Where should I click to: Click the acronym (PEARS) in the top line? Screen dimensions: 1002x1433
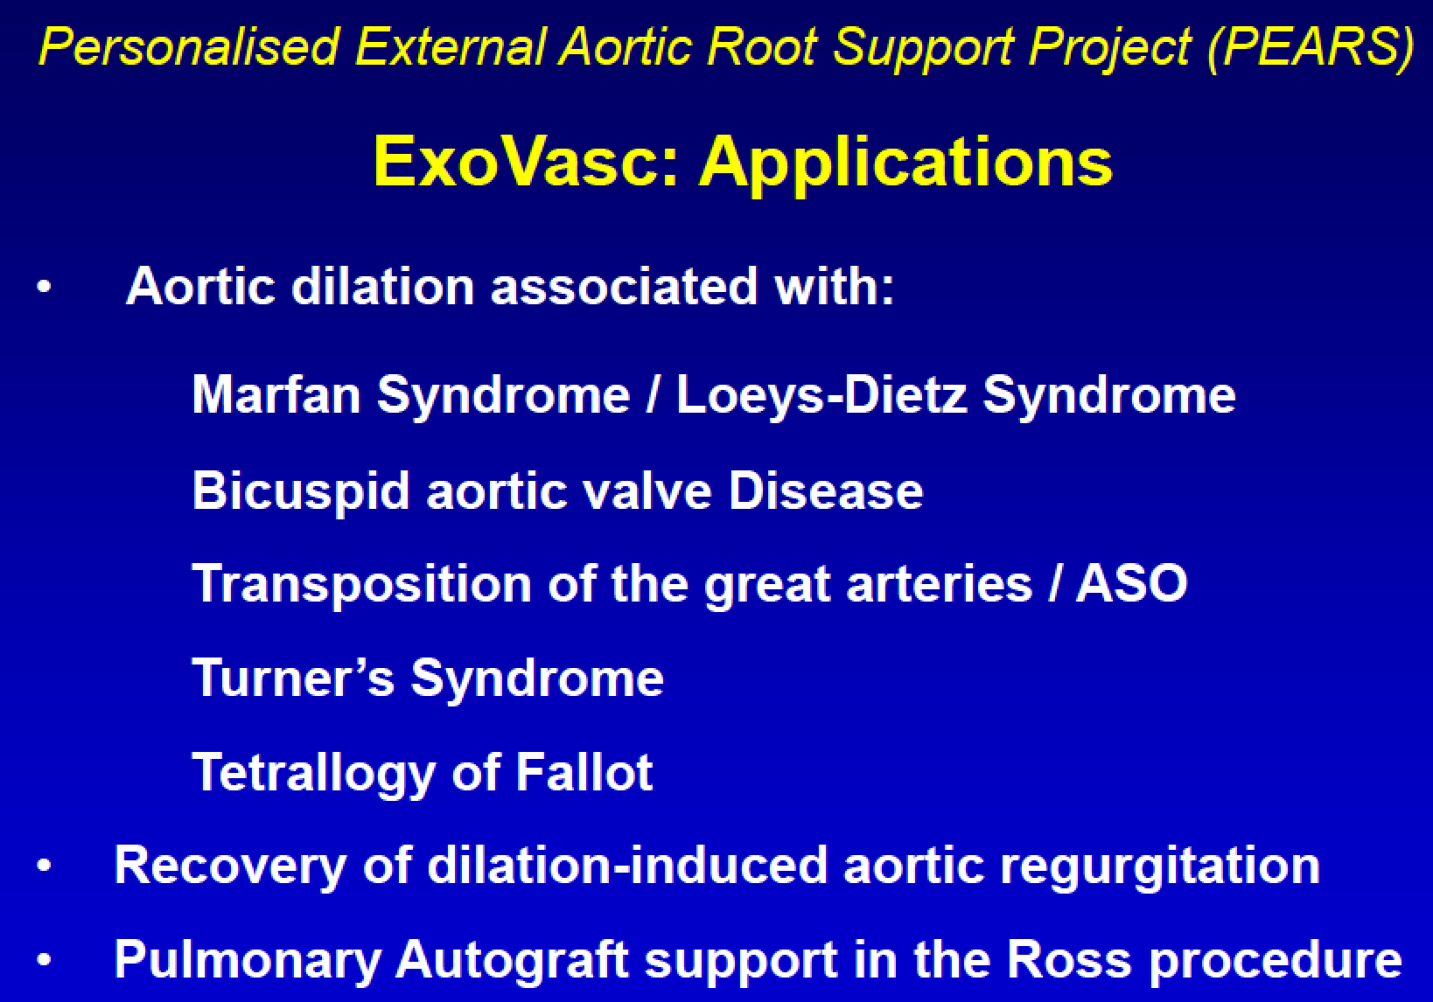pyautogui.click(x=1309, y=45)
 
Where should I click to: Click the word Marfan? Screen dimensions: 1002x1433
pyautogui.click(x=276, y=394)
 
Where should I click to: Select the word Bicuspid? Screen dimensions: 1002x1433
pyautogui.click(x=301, y=491)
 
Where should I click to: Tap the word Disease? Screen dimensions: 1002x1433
pyautogui.click(x=826, y=490)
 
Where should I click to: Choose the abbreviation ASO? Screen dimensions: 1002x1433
pyautogui.click(x=1131, y=583)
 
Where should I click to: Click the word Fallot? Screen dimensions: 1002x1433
pyautogui.click(x=584, y=772)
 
